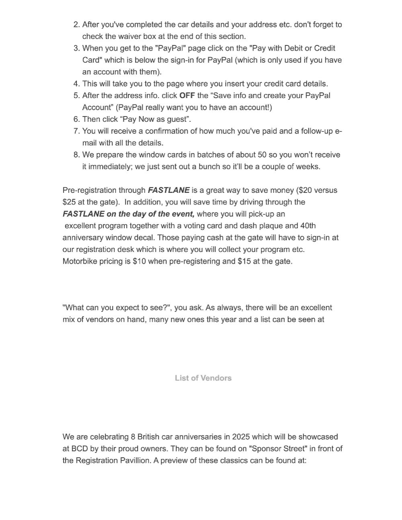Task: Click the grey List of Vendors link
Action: tap(203, 378)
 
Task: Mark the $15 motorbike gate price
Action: tap(244, 261)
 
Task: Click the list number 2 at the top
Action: tap(76, 25)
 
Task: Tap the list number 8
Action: tap(76, 155)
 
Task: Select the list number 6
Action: tap(76, 119)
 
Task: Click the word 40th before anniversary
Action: tap(308, 225)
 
